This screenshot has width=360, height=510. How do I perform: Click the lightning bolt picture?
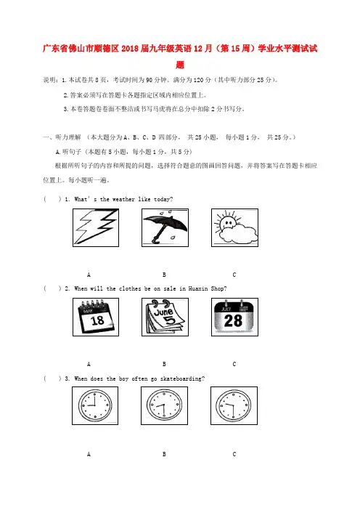(x=96, y=227)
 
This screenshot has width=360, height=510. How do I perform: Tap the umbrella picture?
(x=165, y=227)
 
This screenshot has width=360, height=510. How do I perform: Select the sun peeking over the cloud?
(x=226, y=222)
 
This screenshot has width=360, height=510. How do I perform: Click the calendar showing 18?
(x=96, y=317)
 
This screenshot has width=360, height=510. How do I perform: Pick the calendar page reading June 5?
(x=165, y=317)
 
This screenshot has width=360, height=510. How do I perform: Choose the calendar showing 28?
(x=234, y=317)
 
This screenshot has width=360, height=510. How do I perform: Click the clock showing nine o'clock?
(x=95, y=405)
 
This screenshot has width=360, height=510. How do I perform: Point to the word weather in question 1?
(x=123, y=199)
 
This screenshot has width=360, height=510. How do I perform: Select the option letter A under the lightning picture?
(x=89, y=275)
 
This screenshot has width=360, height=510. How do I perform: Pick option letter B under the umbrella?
(x=164, y=275)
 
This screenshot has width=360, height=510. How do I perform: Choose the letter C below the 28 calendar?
(x=234, y=364)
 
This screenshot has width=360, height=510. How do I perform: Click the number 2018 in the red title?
(x=130, y=49)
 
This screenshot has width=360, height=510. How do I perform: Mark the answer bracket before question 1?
(x=52, y=199)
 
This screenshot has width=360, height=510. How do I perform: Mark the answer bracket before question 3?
(x=52, y=379)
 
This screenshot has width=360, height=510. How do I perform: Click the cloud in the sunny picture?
(x=238, y=233)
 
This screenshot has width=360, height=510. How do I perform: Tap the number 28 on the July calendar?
(x=233, y=320)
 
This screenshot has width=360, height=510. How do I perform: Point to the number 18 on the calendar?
(x=97, y=320)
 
